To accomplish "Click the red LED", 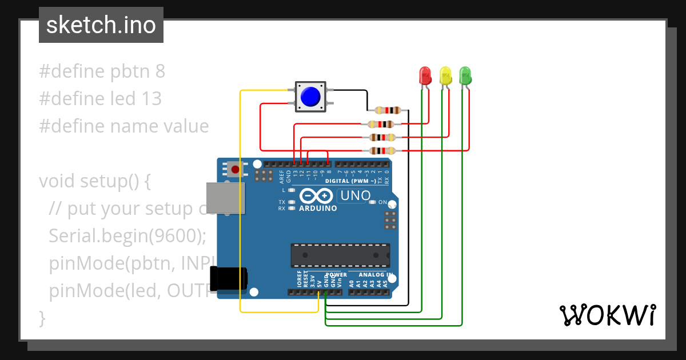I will [425, 75].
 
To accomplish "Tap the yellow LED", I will [445, 75].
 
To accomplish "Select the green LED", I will [465, 75].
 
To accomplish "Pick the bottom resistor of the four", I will [382, 151].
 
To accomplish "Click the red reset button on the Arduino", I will [235, 169].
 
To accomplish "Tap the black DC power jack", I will [228, 279].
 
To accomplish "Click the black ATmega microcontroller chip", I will [340, 255].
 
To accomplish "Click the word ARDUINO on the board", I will [318, 209].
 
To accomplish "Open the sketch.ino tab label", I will [101, 25].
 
